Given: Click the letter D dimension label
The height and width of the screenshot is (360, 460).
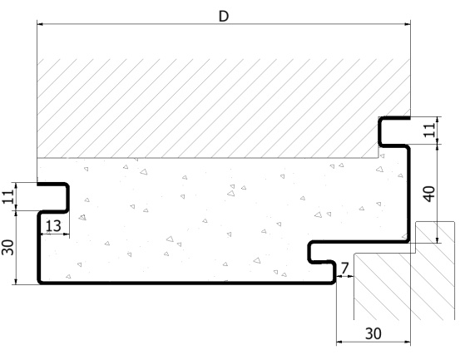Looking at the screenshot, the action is click(224, 16).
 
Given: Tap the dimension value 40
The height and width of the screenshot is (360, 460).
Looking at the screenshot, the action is click(430, 194).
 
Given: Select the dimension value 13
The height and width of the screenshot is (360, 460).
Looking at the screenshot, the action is click(54, 226).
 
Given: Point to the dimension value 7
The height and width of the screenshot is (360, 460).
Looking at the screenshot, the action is click(344, 268).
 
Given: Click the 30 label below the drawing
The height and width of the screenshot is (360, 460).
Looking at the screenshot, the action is click(373, 333).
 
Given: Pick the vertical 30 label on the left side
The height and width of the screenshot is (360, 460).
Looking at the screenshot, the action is click(8, 248).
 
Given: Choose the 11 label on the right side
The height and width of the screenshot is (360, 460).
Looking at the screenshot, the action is click(430, 130).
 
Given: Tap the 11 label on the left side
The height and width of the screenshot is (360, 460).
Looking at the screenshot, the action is click(8, 196).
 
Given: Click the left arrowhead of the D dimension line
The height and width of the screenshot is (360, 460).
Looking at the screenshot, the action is click(40, 24).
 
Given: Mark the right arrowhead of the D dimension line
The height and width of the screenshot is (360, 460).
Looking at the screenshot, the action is click(408, 24).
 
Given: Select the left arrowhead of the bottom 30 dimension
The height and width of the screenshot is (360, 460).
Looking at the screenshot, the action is click(339, 342).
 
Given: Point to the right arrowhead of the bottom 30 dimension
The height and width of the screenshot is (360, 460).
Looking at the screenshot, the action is click(408, 342).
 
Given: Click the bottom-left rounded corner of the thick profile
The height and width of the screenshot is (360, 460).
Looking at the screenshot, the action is click(39, 282).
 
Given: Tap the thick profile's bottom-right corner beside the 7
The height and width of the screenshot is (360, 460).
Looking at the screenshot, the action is click(334, 282).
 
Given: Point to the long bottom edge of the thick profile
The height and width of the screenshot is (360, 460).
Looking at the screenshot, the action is click(186, 283).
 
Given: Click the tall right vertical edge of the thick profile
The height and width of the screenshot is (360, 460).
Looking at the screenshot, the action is click(408, 194).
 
